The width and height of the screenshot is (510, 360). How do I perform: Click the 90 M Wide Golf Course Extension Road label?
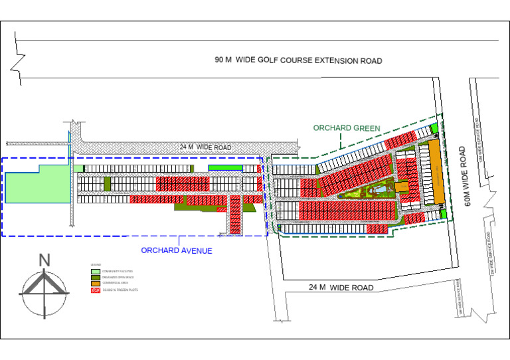point(298,60)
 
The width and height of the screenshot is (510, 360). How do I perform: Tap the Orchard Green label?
point(347,128)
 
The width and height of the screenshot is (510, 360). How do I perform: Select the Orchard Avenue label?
point(177,250)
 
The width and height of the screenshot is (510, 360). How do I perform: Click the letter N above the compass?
point(44,260)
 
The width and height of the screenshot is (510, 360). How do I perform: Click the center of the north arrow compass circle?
point(44,292)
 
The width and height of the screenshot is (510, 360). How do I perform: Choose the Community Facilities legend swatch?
point(95,272)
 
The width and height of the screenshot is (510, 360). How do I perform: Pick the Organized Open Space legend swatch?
point(95,278)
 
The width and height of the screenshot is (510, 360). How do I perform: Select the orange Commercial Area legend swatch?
point(95,284)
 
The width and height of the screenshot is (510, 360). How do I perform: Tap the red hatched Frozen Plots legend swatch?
point(95,290)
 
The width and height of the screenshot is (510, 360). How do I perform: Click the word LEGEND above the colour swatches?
point(96,264)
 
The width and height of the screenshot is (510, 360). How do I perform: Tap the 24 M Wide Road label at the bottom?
point(341,288)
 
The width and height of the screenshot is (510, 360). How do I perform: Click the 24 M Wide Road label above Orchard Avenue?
point(205,147)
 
